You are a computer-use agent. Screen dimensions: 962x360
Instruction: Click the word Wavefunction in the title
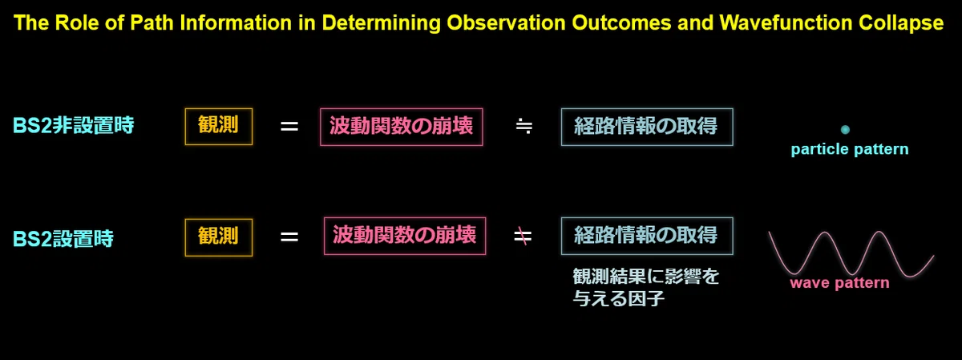pyautogui.click(x=786, y=22)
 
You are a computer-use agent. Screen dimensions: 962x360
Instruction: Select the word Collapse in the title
pyautogui.click(x=901, y=23)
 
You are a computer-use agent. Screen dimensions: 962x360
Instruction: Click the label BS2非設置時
pyautogui.click(x=74, y=125)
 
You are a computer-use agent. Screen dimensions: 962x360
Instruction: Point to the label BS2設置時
pyautogui.click(x=63, y=238)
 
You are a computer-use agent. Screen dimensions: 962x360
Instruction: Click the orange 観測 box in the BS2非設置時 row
pyautogui.click(x=219, y=127)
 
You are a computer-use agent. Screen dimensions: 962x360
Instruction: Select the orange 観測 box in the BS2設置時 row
pyautogui.click(x=219, y=237)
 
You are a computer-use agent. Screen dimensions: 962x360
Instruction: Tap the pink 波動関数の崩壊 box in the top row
pyautogui.click(x=402, y=127)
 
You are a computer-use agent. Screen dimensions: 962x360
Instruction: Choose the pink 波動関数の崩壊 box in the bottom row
pyautogui.click(x=405, y=236)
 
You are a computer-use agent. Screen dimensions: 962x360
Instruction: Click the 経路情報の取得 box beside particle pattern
pyautogui.click(x=647, y=127)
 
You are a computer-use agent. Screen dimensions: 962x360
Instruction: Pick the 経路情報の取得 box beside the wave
pyautogui.click(x=647, y=236)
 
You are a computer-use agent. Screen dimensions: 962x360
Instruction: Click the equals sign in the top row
pyautogui.click(x=289, y=127)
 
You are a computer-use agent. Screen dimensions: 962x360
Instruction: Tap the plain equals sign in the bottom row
pyautogui.click(x=289, y=237)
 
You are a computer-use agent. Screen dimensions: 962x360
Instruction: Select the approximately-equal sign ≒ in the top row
pyautogui.click(x=524, y=127)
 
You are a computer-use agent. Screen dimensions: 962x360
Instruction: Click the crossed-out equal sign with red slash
pyautogui.click(x=523, y=237)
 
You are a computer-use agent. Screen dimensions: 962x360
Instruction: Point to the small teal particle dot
pyautogui.click(x=845, y=129)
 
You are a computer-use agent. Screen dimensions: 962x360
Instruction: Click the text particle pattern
pyautogui.click(x=850, y=149)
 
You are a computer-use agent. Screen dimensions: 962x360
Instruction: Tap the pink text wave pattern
pyautogui.click(x=839, y=283)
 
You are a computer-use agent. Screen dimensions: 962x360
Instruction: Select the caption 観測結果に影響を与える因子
pyautogui.click(x=646, y=287)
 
